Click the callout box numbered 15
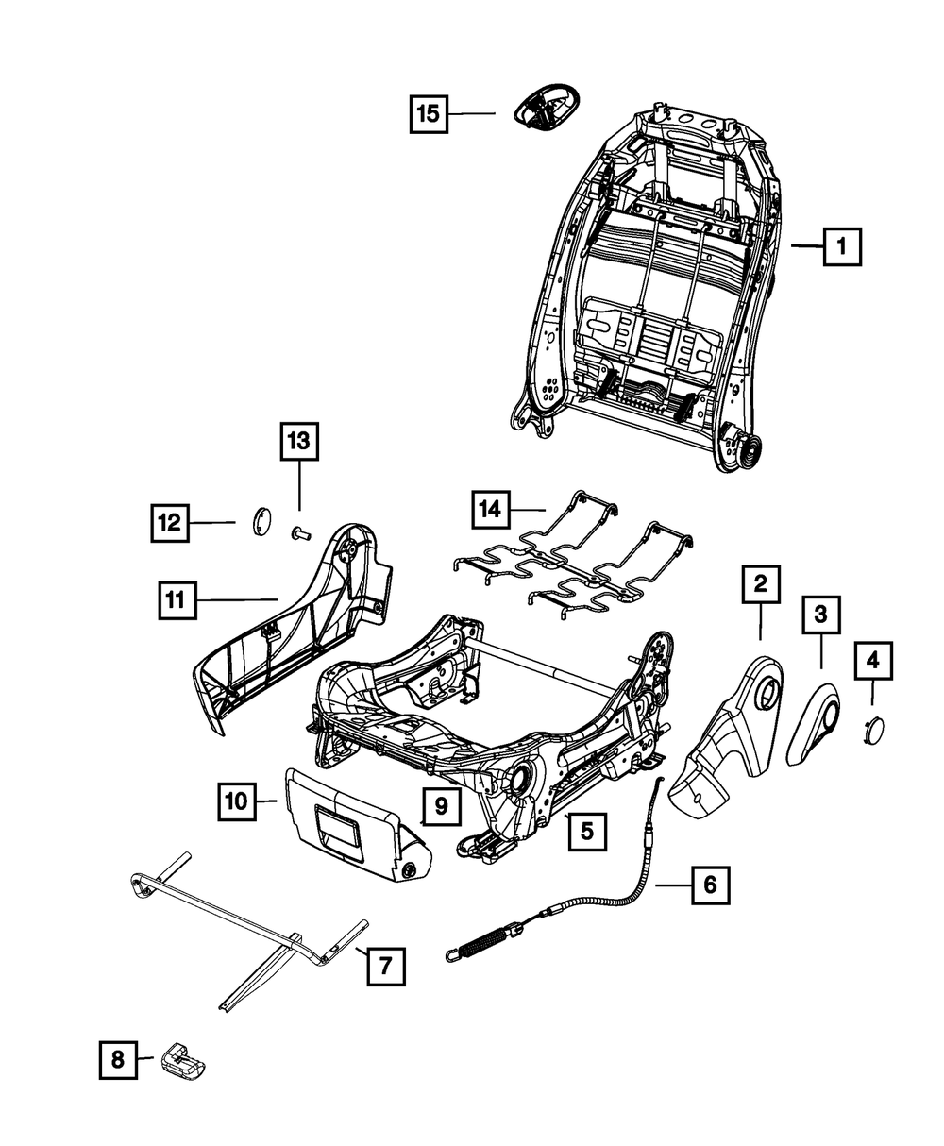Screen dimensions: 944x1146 pyautogui.click(x=429, y=113)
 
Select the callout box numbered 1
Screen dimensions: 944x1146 pyautogui.click(x=842, y=246)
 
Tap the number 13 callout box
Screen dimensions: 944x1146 pyautogui.click(x=299, y=441)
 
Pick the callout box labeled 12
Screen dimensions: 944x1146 pyautogui.click(x=170, y=523)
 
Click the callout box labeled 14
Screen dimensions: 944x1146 pyautogui.click(x=491, y=510)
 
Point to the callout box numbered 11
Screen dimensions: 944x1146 pyautogui.click(x=177, y=599)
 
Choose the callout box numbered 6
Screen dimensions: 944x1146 pyautogui.click(x=711, y=885)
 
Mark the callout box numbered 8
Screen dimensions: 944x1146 pyautogui.click(x=118, y=1059)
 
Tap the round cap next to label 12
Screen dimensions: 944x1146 pyautogui.click(x=261, y=520)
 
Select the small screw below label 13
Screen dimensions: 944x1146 pyautogui.click(x=300, y=531)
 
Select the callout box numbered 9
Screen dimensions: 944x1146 pyautogui.click(x=442, y=805)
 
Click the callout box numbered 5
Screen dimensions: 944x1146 pyautogui.click(x=587, y=831)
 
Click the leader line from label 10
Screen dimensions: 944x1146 pyautogui.click(x=266, y=801)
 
